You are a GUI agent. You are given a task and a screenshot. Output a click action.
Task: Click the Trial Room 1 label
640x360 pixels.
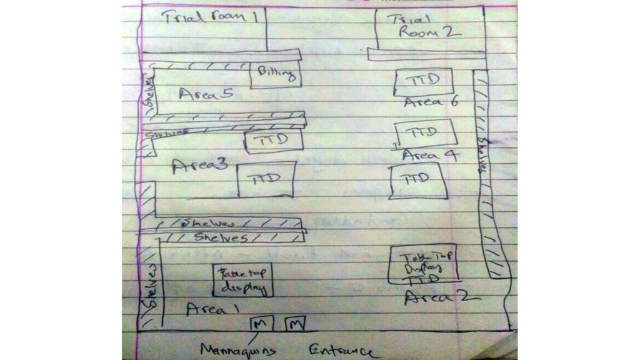pos(211,17)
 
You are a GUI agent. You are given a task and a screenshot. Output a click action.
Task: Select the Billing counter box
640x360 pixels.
pos(276,76)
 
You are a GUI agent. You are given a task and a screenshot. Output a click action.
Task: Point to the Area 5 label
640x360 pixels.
pos(206,95)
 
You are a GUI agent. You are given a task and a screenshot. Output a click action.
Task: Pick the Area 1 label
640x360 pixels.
pos(212,308)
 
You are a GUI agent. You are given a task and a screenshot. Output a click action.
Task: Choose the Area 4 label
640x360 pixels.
pos(429,155)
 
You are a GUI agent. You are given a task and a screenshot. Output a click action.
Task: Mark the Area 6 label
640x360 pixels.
pos(431,102)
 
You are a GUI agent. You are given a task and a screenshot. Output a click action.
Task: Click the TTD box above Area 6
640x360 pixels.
pos(423,81)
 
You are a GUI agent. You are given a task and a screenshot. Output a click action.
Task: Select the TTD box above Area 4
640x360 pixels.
pos(426,134)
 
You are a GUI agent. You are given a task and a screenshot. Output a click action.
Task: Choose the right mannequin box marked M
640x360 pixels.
pos(295,323)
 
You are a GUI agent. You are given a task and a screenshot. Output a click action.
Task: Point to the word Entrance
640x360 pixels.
pos(342,351)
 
